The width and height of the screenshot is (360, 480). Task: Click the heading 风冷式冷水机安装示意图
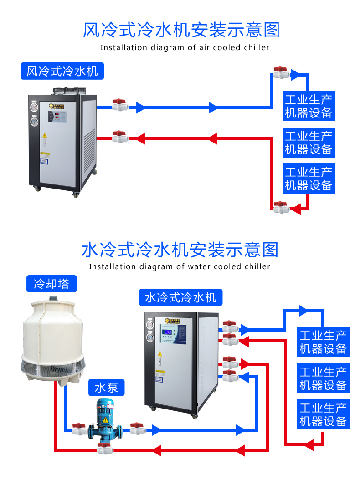click(x=181, y=30)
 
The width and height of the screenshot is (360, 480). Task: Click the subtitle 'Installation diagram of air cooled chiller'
click(x=185, y=48)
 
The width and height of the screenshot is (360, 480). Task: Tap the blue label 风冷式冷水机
click(x=62, y=71)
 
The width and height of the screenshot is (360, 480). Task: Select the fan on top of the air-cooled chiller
click(x=69, y=91)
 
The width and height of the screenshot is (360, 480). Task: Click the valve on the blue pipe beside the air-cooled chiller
click(x=120, y=106)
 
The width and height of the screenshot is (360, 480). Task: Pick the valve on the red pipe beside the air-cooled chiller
click(x=120, y=136)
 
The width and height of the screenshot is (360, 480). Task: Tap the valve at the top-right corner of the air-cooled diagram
click(x=281, y=73)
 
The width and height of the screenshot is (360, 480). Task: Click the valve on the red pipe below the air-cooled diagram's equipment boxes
click(x=281, y=208)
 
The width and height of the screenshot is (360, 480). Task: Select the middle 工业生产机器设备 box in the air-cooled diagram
click(x=309, y=142)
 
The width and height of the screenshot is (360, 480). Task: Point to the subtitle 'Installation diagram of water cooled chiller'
click(x=180, y=267)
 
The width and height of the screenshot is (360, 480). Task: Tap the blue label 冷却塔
click(x=51, y=284)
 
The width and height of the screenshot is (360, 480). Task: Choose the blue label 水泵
click(x=106, y=388)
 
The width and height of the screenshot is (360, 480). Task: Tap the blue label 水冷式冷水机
click(x=180, y=298)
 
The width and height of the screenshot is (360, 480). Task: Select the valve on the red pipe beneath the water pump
click(x=104, y=449)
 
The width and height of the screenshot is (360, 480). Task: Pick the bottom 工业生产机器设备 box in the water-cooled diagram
click(x=323, y=414)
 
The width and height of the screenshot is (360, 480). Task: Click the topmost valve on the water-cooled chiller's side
click(x=230, y=327)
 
